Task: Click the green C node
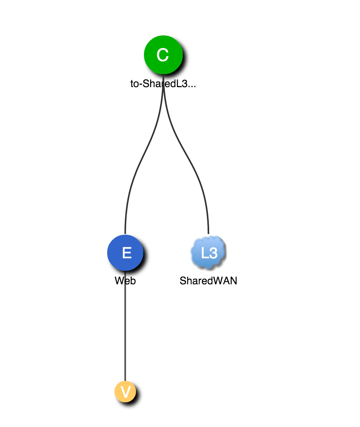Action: click(x=163, y=55)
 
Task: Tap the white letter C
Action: click(x=163, y=55)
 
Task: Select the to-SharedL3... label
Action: click(x=163, y=84)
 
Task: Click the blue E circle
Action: click(x=125, y=253)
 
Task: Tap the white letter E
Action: click(x=127, y=253)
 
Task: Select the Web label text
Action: click(x=125, y=281)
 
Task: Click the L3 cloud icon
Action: click(x=208, y=253)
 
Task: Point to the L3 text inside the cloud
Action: click(x=209, y=253)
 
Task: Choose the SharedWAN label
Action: click(x=208, y=281)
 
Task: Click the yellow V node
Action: click(x=125, y=392)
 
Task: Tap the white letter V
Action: click(x=126, y=392)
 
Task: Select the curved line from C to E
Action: click(x=140, y=167)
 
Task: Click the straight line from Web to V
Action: click(x=125, y=333)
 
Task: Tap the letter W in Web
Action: click(x=119, y=281)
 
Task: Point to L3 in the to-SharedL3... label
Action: click(x=182, y=84)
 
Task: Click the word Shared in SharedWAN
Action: click(x=196, y=281)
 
